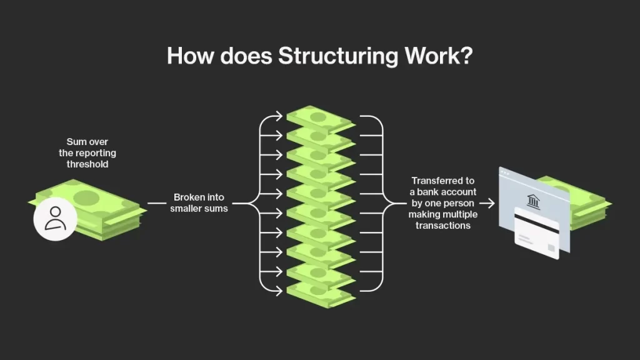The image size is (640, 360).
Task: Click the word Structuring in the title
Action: [x=338, y=56]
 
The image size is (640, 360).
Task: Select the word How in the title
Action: [x=190, y=56]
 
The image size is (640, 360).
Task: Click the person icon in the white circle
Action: [x=55, y=218]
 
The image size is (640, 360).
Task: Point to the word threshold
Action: [x=87, y=164]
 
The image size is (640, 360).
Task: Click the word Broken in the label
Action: [x=187, y=197]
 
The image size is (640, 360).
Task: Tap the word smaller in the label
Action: [x=186, y=208]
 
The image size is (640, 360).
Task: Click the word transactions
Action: [x=443, y=225]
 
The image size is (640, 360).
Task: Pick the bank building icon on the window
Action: [x=533, y=201]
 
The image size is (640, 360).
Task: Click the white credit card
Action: [x=537, y=233]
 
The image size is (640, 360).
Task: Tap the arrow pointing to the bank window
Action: [x=487, y=203]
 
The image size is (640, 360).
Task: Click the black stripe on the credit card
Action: [x=537, y=224]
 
